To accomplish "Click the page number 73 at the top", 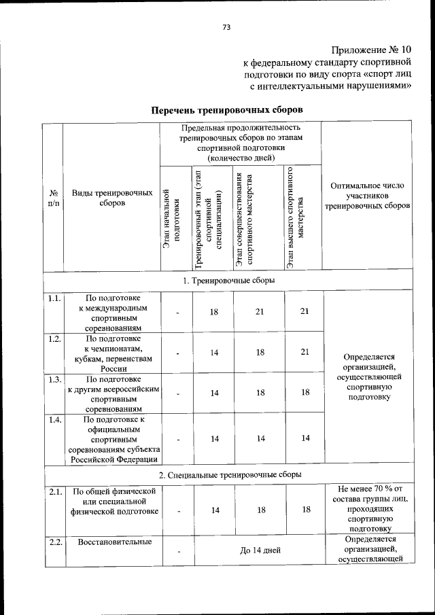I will pos(226,28).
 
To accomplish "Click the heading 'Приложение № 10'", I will pos(371,50).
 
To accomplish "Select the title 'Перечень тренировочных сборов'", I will pos(226,109).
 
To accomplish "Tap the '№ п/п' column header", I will pos(53,198).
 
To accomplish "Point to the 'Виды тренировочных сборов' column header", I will pos(111,198).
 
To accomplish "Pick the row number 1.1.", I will pos(54,298).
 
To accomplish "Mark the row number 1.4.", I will pos(54,420).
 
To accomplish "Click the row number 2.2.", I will pos(54,542).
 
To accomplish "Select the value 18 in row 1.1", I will pos(213,311).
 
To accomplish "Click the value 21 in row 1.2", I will pos(305,352).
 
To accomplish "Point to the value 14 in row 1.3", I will pos(213,393).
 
